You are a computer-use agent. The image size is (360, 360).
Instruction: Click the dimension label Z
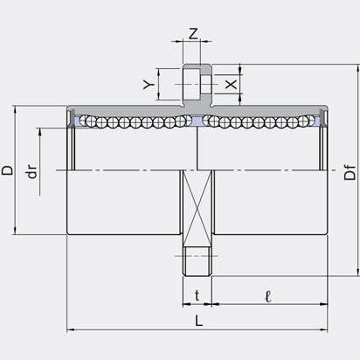pyautogui.click(x=193, y=33)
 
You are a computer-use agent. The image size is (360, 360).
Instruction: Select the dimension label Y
pyautogui.click(x=149, y=85)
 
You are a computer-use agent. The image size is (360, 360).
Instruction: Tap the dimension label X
pyautogui.click(x=232, y=85)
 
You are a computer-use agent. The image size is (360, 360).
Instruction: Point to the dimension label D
pyautogui.click(x=7, y=170)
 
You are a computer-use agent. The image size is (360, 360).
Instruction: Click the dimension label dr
pyautogui.click(x=32, y=171)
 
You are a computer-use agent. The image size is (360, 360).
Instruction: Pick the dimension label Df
pyautogui.click(x=350, y=172)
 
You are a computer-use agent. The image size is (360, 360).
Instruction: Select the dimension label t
pyautogui.click(x=197, y=295)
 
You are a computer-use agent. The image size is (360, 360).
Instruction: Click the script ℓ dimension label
pyautogui.click(x=268, y=296)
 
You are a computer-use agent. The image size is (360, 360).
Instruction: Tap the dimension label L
pyautogui.click(x=198, y=321)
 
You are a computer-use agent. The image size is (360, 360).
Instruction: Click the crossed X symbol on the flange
pyautogui.click(x=197, y=208)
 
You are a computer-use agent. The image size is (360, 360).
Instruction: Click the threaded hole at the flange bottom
pyautogui.click(x=197, y=261)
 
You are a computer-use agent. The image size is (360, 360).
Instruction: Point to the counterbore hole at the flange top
pyautogui.click(x=197, y=84)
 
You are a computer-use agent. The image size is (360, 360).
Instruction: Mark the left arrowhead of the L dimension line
pyautogui.click(x=71, y=329)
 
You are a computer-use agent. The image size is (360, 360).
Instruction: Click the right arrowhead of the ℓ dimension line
pyautogui.click(x=324, y=304)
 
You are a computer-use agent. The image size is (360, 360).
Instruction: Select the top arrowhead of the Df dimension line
pyautogui.click(x=358, y=68)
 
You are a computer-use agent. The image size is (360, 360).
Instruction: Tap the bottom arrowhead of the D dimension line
pyautogui.click(x=15, y=231)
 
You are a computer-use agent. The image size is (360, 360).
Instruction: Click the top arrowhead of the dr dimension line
pyautogui.click(x=39, y=132)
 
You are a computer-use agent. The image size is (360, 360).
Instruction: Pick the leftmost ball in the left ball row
pyautogui.click(x=84, y=120)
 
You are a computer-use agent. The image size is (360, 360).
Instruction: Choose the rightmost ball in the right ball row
pyautogui.click(x=310, y=120)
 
